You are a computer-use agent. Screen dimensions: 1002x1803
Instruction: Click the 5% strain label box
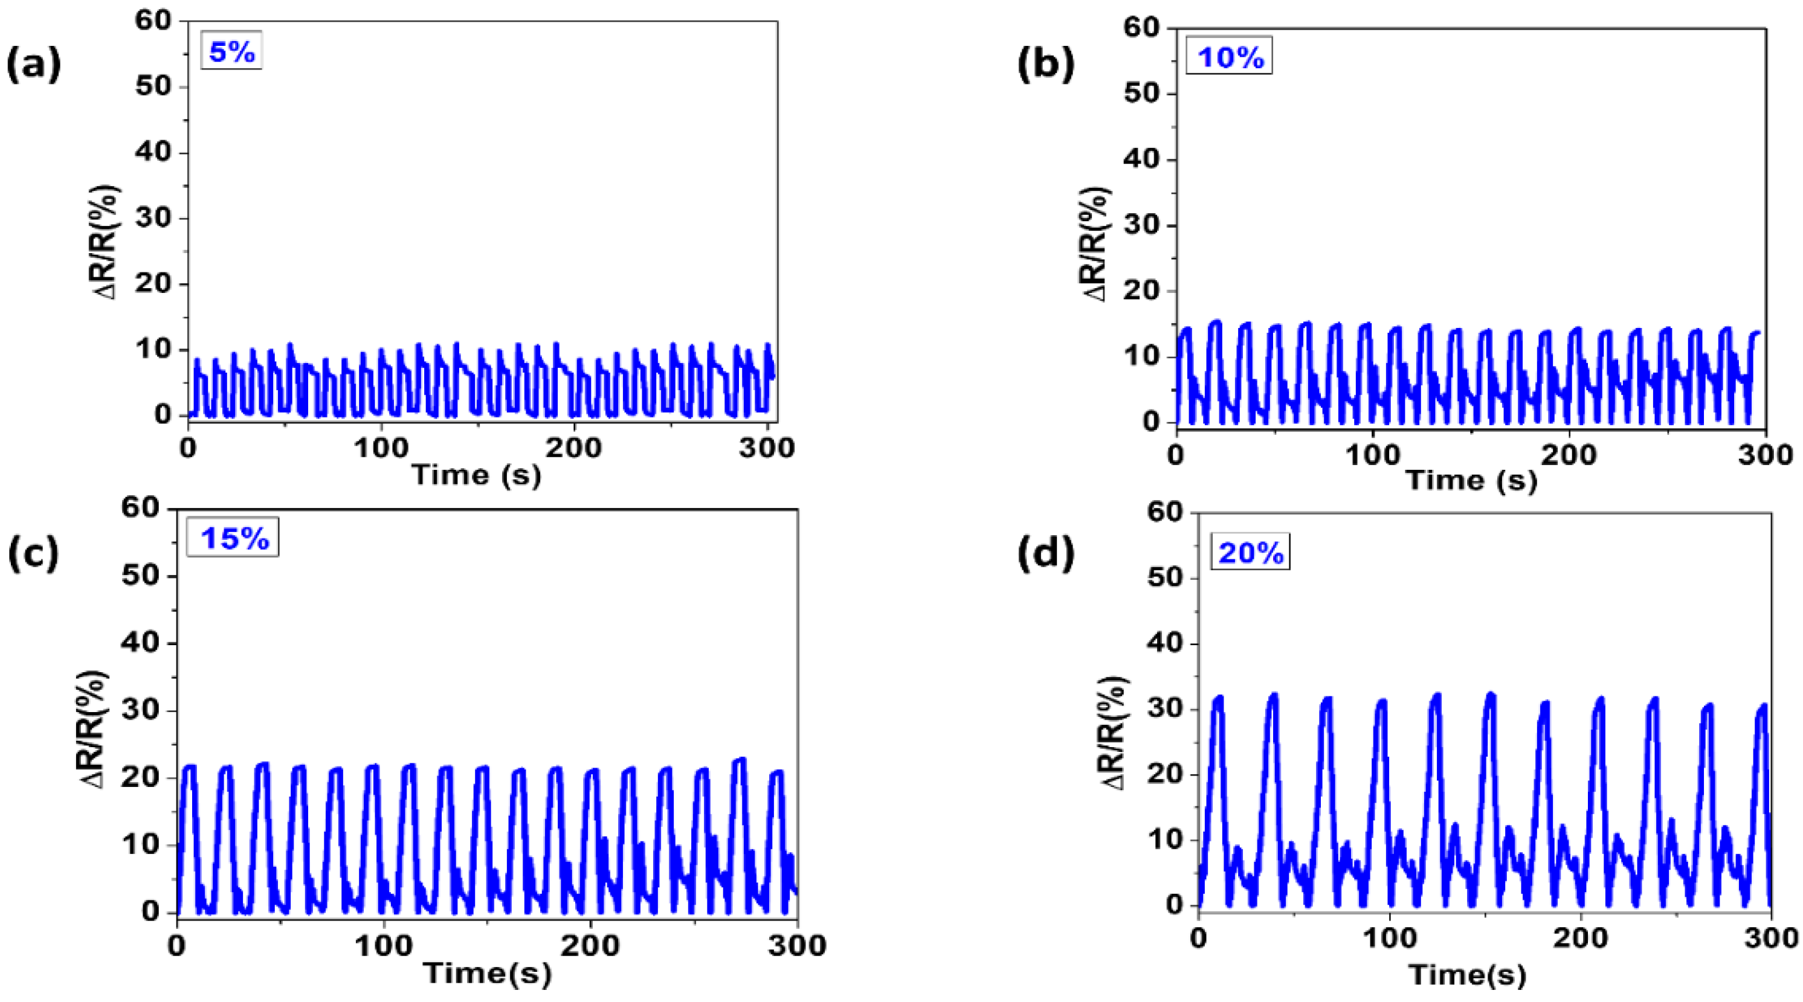231,51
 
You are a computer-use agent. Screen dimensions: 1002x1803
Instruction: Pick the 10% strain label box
1230,57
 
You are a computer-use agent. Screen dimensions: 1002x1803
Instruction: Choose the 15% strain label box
233,538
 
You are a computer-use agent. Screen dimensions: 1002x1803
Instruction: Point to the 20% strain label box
1251,553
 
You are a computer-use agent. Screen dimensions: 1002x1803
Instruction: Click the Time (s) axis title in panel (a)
477,475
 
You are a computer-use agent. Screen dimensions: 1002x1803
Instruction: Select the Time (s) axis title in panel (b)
1471,480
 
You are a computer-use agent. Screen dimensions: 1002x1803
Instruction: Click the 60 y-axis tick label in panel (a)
153,21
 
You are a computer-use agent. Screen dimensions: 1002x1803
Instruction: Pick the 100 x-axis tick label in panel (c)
384,946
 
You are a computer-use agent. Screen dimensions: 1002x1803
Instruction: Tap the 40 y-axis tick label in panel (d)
1166,643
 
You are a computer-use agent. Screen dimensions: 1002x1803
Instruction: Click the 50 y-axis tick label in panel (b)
1142,94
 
